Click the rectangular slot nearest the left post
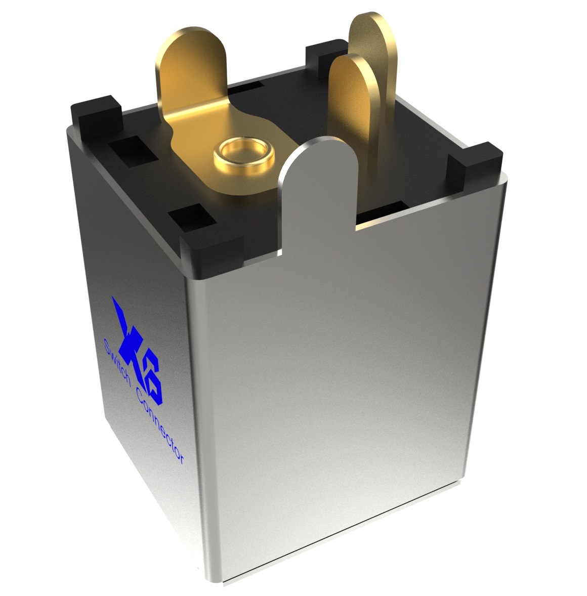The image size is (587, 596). click(127, 147)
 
